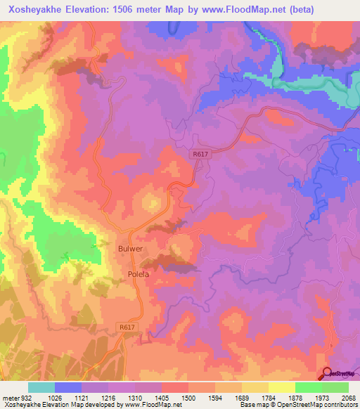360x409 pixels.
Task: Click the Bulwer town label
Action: (130, 248)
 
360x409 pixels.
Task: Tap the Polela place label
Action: (138, 274)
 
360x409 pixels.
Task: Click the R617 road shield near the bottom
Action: (127, 327)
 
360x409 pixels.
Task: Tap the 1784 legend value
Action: (268, 398)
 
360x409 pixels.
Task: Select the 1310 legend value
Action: (134, 398)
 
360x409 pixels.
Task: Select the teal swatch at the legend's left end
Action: (41, 387)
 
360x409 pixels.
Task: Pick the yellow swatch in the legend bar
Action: (281, 387)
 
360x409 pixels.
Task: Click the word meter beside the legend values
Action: (10, 398)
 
